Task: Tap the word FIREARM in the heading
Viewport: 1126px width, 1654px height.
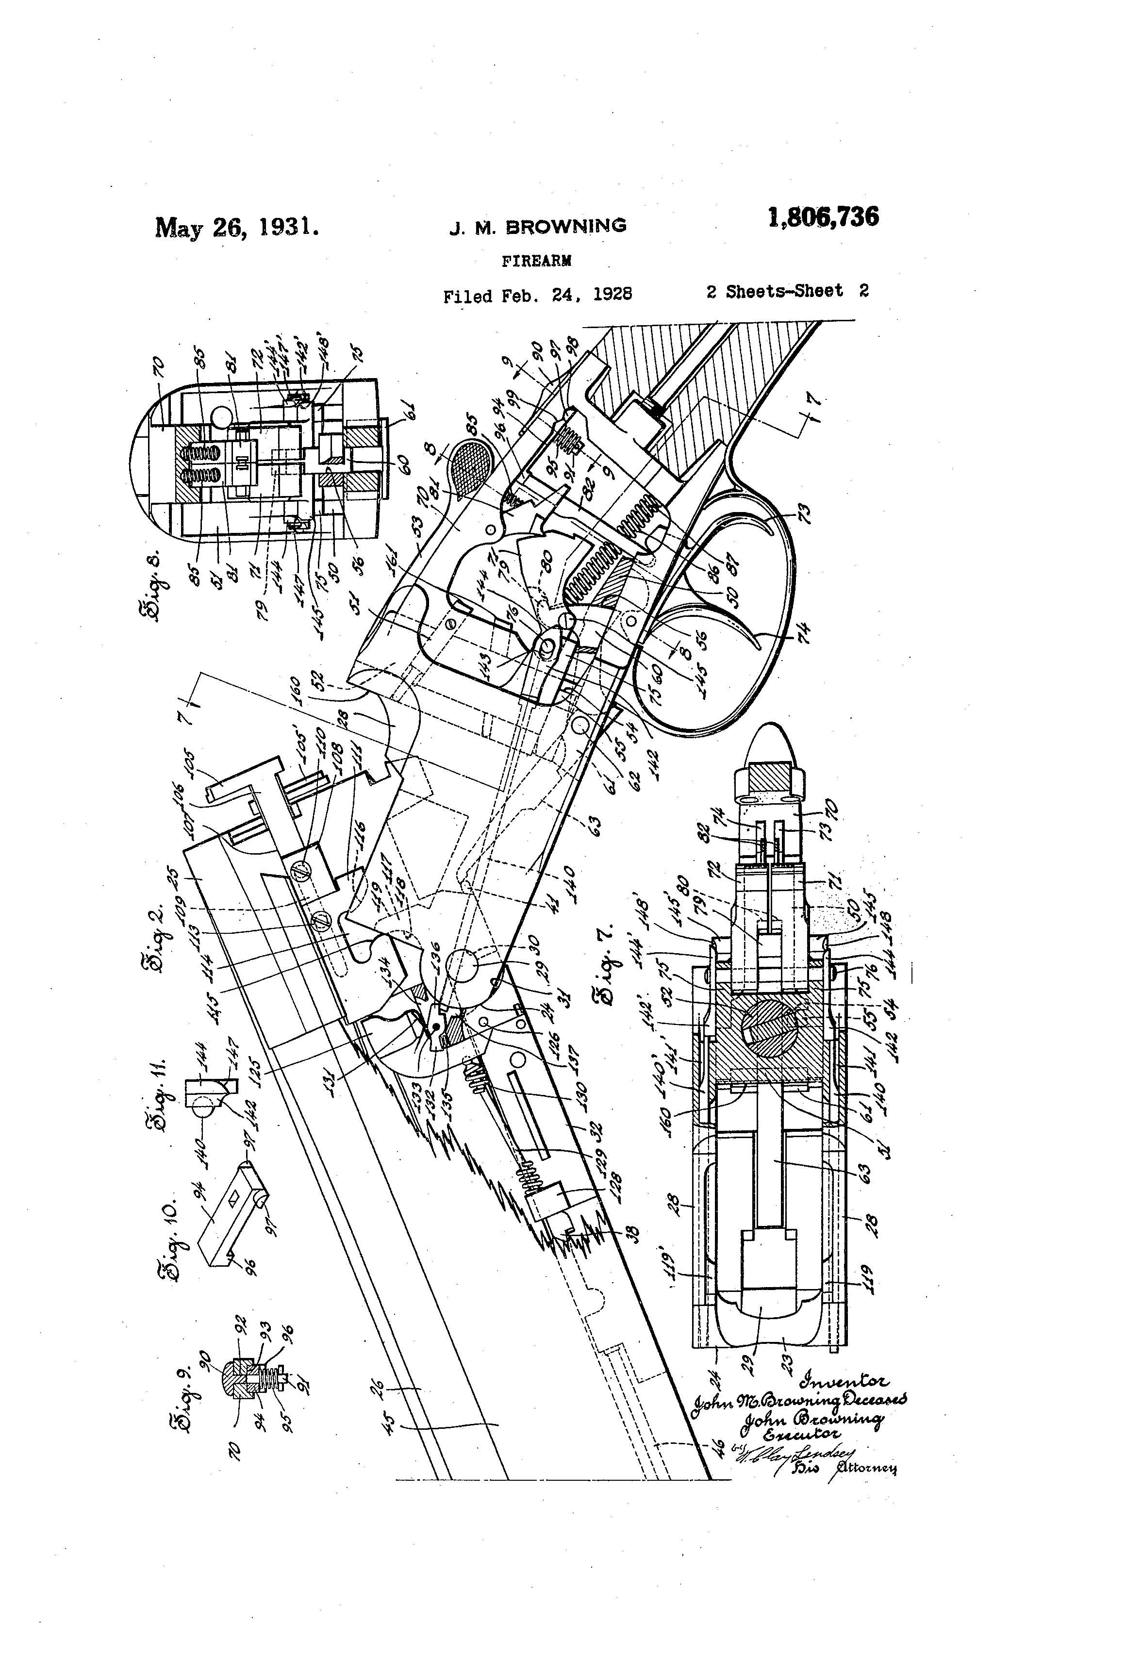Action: (x=537, y=261)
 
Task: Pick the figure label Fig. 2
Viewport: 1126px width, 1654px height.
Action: (x=159, y=933)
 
